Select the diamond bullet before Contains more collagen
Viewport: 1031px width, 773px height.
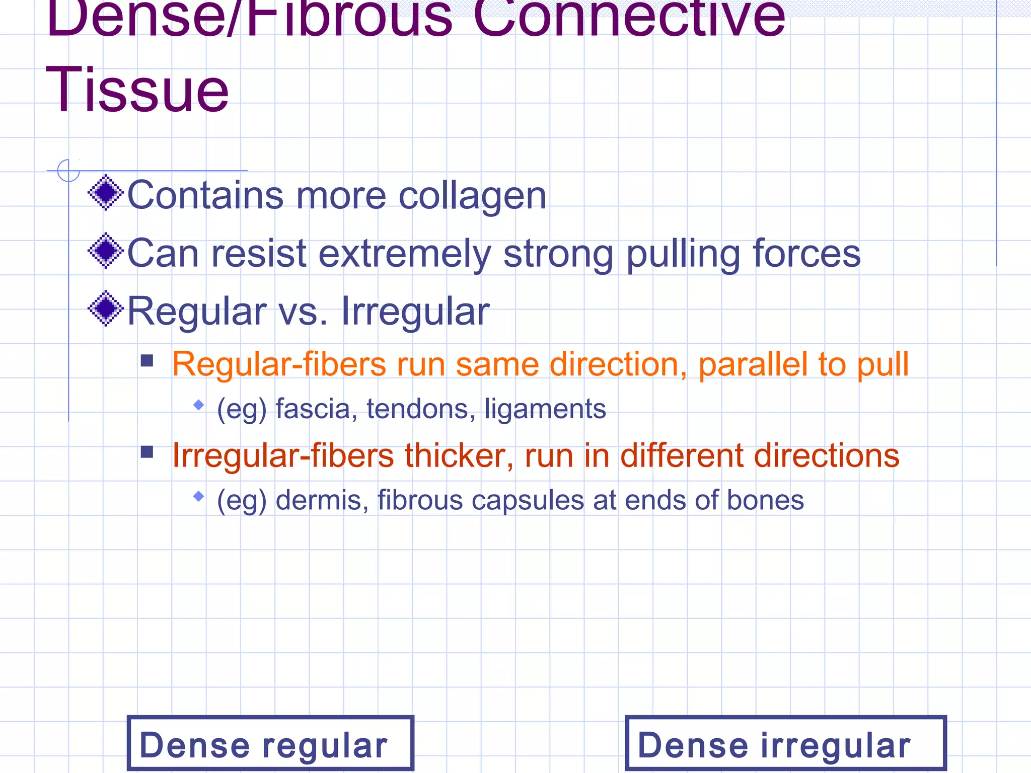point(106,193)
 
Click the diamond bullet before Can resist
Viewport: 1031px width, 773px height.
point(106,251)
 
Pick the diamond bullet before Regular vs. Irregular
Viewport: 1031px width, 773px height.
point(106,308)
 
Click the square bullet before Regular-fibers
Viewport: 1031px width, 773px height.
point(147,360)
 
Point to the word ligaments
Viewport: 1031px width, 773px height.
point(545,409)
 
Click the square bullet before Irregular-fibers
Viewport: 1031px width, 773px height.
point(147,451)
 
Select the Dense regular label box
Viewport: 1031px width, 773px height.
point(270,743)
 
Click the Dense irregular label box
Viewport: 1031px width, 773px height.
point(785,743)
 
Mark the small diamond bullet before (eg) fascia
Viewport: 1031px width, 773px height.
point(199,405)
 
